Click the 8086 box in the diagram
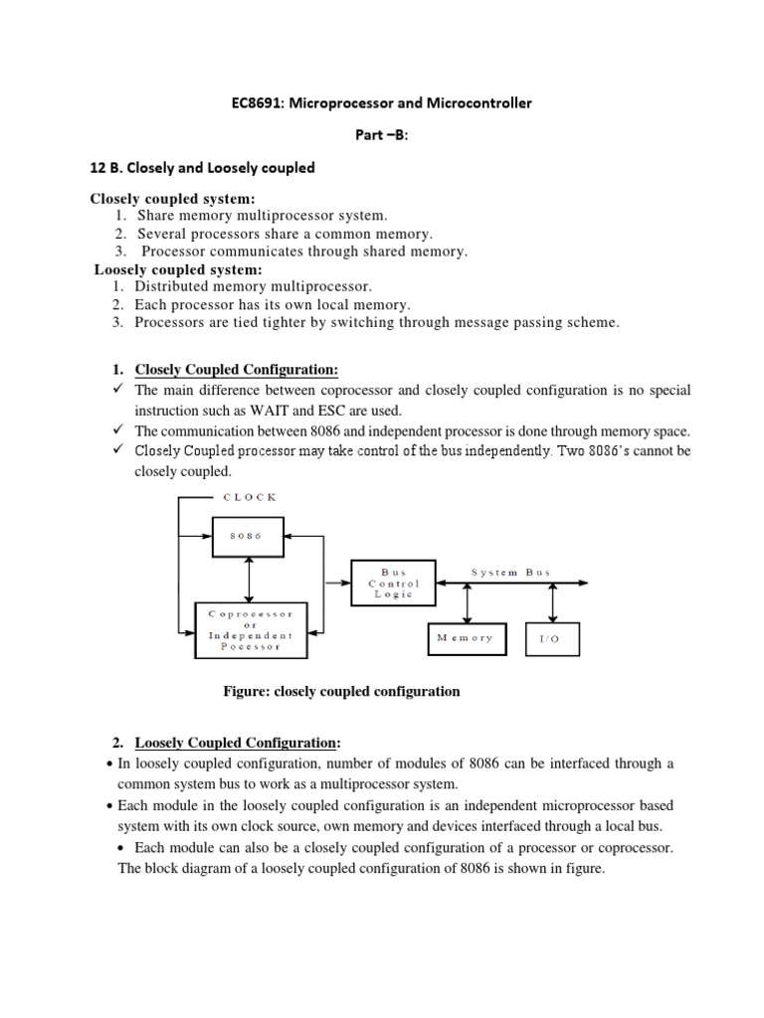click(247, 536)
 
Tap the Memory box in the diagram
click(465, 638)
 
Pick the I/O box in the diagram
click(550, 639)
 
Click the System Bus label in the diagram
click(510, 573)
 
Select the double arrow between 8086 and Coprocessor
click(247, 580)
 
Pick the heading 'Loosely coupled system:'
click(177, 269)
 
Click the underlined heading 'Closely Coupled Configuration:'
click(237, 370)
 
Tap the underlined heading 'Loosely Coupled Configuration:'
click(237, 743)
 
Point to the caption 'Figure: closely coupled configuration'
click(341, 691)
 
